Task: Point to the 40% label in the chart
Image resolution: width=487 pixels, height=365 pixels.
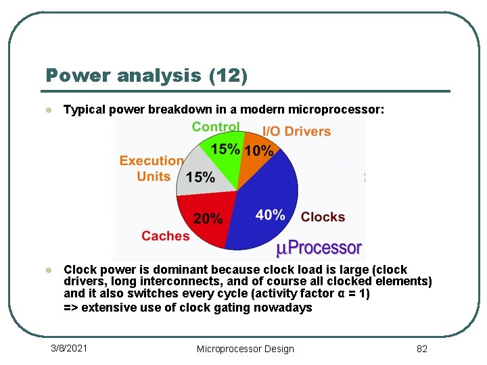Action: tap(270, 215)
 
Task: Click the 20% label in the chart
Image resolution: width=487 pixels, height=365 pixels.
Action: tap(208, 218)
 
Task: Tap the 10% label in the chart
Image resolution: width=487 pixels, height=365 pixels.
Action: tap(258, 151)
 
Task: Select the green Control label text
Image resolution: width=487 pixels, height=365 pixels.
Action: tap(215, 126)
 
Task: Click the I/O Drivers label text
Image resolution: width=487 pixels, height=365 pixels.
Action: tap(296, 131)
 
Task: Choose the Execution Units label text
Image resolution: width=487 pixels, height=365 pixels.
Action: tap(152, 168)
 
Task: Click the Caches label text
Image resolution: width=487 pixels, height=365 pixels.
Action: tap(165, 236)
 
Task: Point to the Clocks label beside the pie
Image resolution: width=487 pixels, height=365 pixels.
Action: tap(323, 217)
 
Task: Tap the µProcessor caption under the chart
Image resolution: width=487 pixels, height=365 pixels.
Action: tap(319, 248)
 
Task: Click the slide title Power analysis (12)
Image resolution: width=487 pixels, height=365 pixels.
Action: tap(147, 75)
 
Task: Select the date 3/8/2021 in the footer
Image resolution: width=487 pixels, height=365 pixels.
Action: tap(69, 348)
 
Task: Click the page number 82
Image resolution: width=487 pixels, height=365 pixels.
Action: tap(422, 349)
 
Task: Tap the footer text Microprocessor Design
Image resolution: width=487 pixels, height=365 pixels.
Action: tap(245, 349)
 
